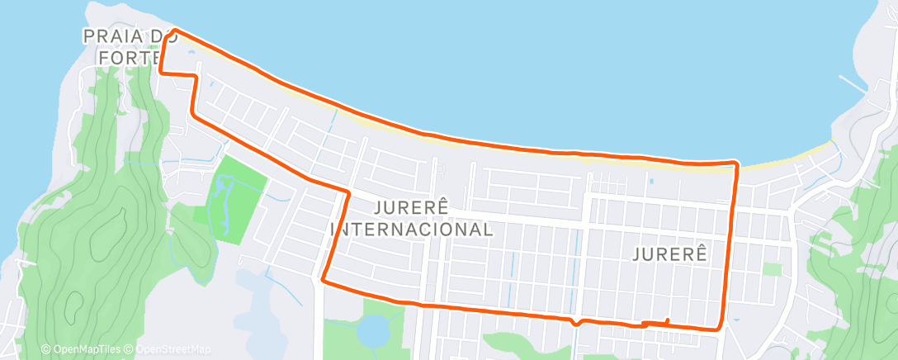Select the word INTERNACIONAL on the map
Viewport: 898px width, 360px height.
point(411,229)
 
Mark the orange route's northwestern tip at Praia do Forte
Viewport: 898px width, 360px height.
point(174,30)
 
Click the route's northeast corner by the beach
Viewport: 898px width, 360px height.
point(735,163)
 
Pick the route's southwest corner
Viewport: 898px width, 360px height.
point(323,281)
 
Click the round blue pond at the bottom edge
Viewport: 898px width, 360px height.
point(371,332)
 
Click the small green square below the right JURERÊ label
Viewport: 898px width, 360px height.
point(772,269)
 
